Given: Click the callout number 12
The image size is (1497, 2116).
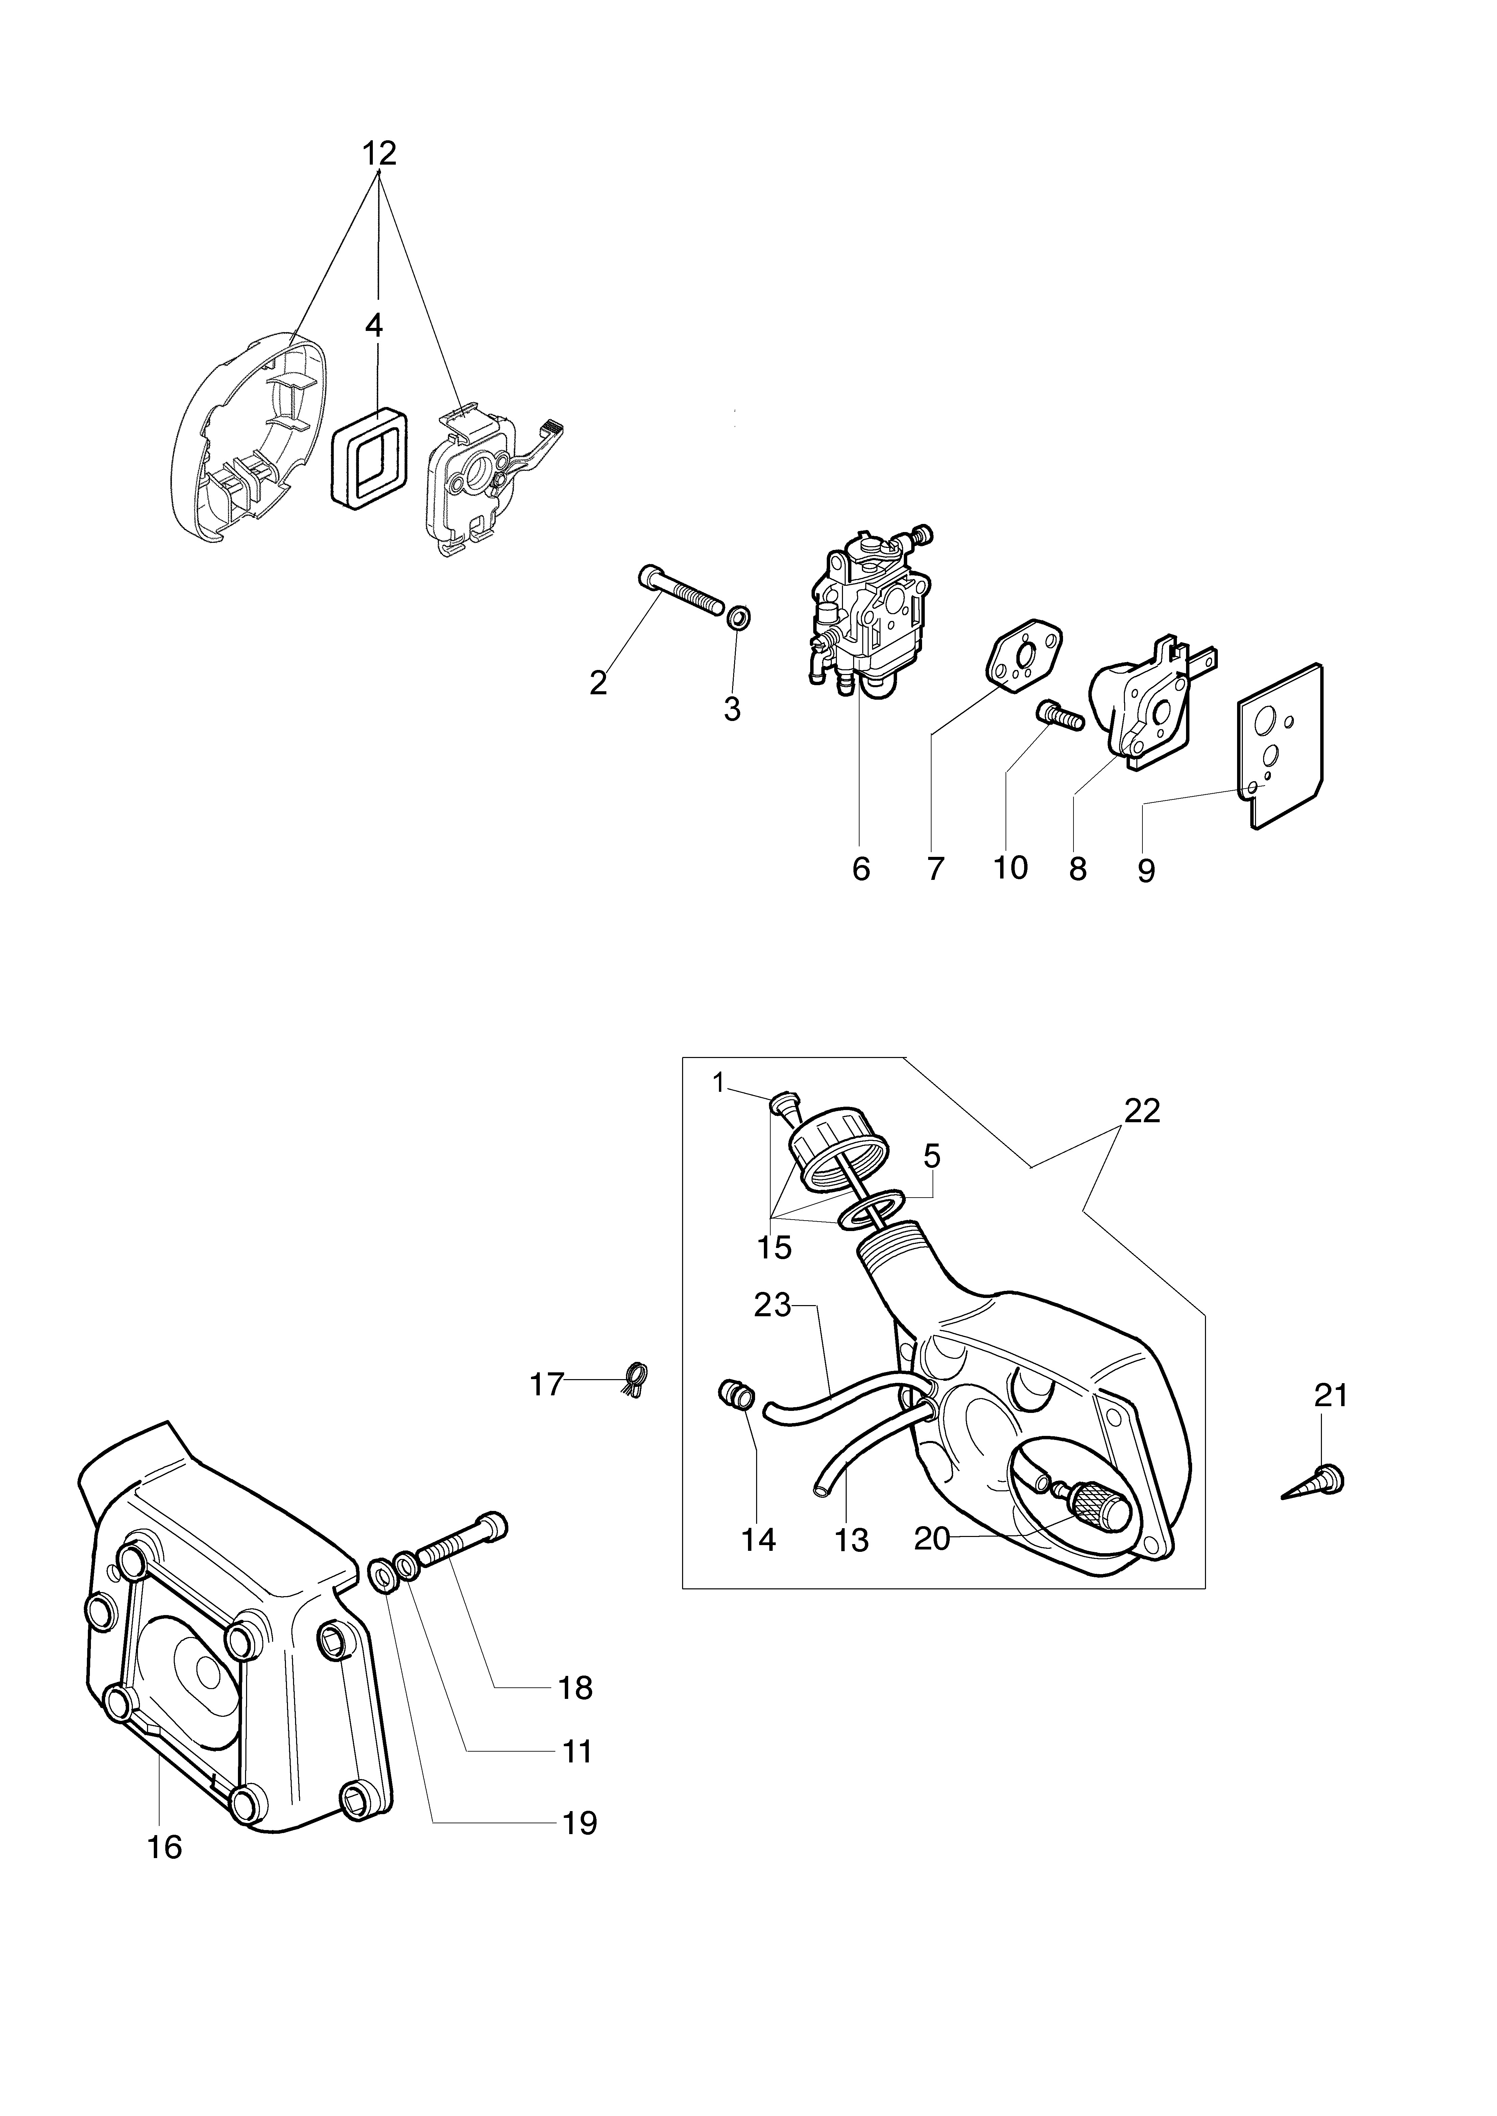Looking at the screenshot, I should [x=379, y=153].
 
